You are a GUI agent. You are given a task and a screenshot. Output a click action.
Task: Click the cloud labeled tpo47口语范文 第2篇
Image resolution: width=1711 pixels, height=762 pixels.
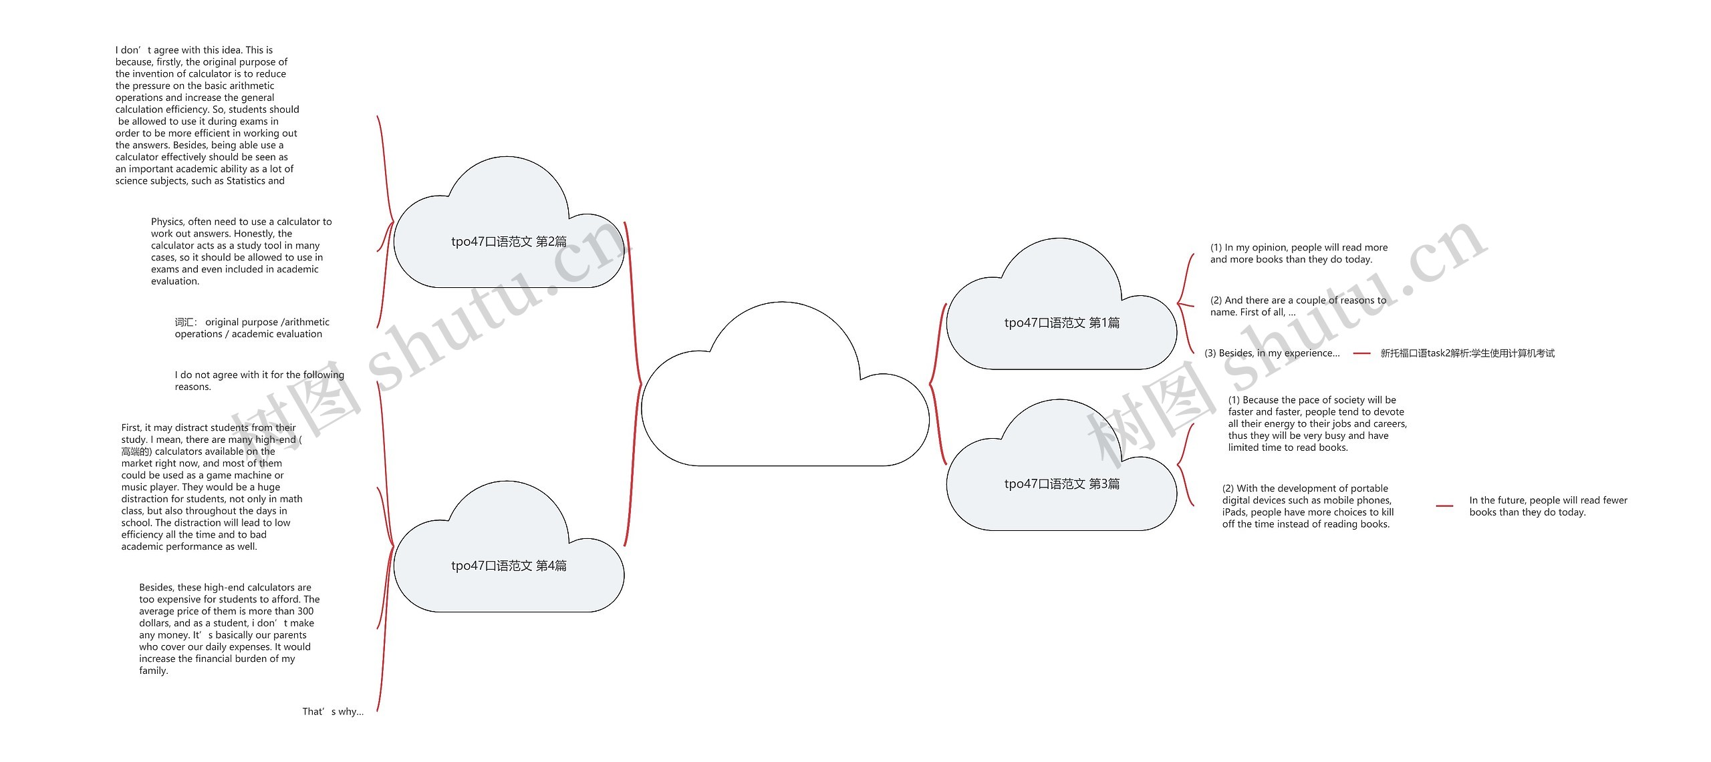click(x=509, y=242)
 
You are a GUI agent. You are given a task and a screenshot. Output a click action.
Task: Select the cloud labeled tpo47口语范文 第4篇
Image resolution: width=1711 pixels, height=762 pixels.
click(x=509, y=566)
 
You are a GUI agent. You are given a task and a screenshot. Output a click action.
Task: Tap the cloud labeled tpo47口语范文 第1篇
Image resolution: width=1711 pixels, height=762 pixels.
click(x=1061, y=323)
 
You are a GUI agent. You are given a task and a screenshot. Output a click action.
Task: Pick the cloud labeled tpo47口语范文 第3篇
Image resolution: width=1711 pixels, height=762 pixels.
click(x=1061, y=484)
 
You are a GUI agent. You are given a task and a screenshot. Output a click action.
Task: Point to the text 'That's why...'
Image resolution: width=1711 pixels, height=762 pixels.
click(x=333, y=712)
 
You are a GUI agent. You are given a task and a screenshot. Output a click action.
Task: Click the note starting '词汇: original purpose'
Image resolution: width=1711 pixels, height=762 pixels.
click(x=252, y=328)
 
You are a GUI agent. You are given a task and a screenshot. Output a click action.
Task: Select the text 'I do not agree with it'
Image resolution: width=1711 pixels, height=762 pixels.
click(x=259, y=381)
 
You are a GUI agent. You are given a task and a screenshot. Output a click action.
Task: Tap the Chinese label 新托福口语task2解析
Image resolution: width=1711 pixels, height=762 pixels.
click(x=1467, y=353)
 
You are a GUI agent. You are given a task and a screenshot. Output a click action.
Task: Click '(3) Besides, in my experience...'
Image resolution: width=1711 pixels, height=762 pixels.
click(x=1272, y=353)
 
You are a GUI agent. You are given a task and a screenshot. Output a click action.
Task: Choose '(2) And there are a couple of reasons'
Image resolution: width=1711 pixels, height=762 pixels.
click(x=1298, y=306)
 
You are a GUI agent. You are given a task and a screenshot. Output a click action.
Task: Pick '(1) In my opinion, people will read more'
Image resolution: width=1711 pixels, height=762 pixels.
click(x=1299, y=253)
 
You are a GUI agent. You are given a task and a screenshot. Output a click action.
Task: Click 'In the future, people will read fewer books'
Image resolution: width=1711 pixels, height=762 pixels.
click(x=1548, y=506)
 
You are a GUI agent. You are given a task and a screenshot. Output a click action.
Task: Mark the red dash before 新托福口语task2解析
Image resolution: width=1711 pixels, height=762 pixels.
click(x=1361, y=353)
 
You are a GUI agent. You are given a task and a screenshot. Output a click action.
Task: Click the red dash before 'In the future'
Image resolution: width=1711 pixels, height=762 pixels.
click(x=1444, y=506)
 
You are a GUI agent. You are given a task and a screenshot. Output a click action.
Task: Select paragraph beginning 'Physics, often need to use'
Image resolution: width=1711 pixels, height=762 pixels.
click(x=241, y=251)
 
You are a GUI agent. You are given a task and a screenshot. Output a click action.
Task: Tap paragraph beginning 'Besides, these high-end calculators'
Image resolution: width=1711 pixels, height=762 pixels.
click(x=229, y=628)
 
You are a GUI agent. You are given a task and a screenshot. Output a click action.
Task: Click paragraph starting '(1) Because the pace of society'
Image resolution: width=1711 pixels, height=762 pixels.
click(x=1317, y=423)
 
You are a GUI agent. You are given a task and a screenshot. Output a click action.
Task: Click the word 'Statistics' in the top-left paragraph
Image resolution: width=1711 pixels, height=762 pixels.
click(x=245, y=181)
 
